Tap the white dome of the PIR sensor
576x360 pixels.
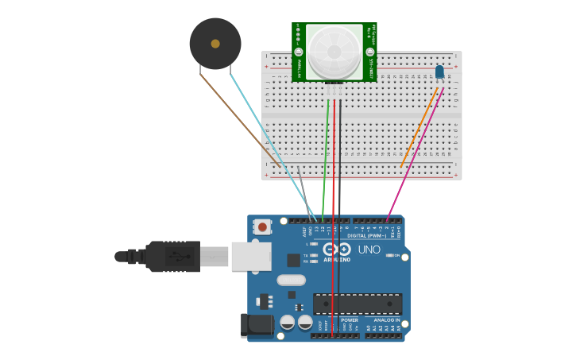(x=334, y=50)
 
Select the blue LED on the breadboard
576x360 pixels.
(x=439, y=72)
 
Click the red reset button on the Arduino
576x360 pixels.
(x=262, y=227)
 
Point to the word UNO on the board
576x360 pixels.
(x=369, y=250)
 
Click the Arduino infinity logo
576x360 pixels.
(x=337, y=250)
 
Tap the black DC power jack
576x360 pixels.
(x=257, y=324)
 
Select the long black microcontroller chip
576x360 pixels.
(x=357, y=304)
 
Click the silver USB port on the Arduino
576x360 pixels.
(x=250, y=257)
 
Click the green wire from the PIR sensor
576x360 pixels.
(x=326, y=159)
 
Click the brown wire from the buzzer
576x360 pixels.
(x=238, y=119)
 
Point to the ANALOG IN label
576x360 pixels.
(x=387, y=320)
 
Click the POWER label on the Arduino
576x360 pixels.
(x=350, y=320)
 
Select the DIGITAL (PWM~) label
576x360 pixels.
(x=366, y=235)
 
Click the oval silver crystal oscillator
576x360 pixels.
(x=292, y=280)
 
